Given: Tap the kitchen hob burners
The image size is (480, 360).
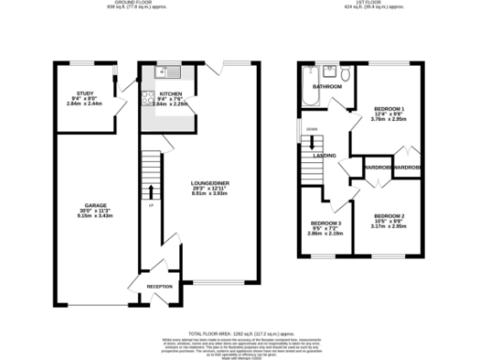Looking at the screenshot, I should [146, 94].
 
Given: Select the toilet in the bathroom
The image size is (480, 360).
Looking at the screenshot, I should [346, 73].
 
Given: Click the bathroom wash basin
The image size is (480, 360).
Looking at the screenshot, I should [328, 71].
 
